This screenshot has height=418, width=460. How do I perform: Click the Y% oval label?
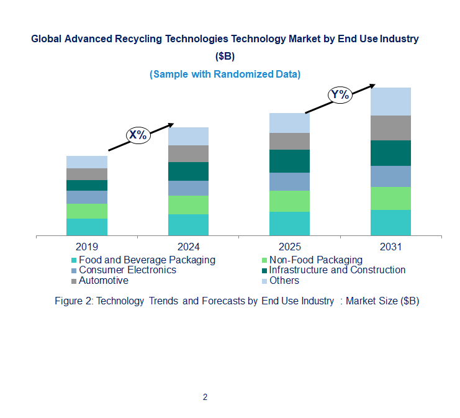[340, 94]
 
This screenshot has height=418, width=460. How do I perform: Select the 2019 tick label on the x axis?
[87, 247]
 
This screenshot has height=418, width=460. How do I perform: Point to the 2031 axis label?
[391, 247]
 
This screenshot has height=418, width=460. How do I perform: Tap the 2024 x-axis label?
[188, 247]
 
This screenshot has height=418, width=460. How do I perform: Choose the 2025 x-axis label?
[289, 247]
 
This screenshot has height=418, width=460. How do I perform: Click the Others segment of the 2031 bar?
[390, 101]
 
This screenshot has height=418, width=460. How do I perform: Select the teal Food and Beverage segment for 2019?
[87, 227]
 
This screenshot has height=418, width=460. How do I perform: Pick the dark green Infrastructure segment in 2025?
[289, 161]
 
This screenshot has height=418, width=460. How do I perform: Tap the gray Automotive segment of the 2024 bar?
[188, 153]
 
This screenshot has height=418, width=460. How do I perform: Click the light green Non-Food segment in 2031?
[390, 198]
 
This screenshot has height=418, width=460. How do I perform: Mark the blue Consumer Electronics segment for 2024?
[188, 188]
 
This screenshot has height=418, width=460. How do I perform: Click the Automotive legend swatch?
[74, 281]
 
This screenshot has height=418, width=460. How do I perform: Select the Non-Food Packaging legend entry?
[315, 260]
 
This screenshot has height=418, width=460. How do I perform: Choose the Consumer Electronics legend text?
[127, 270]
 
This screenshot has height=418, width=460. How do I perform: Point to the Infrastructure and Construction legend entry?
[337, 270]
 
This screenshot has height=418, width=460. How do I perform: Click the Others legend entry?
[284, 281]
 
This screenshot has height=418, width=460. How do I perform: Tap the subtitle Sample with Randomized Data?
[225, 74]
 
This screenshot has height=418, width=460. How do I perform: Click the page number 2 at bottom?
[205, 397]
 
